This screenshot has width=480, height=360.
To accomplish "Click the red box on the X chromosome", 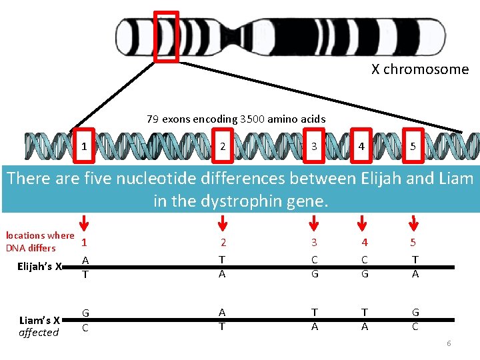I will click(x=167, y=37).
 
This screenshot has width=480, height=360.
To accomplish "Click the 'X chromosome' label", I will click(x=420, y=69).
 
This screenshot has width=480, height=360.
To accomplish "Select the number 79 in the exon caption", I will click(x=153, y=119).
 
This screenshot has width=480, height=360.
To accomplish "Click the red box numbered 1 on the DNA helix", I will click(x=84, y=145).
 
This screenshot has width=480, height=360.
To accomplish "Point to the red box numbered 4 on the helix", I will click(x=361, y=145).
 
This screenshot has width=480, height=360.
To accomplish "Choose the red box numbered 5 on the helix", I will click(x=413, y=145).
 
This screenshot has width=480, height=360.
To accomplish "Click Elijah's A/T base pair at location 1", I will click(x=85, y=267).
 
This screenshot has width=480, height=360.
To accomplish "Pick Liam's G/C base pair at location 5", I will click(x=415, y=319).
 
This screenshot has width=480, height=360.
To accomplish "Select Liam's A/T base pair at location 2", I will click(x=223, y=319).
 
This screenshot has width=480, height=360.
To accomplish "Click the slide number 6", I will click(x=449, y=343).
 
